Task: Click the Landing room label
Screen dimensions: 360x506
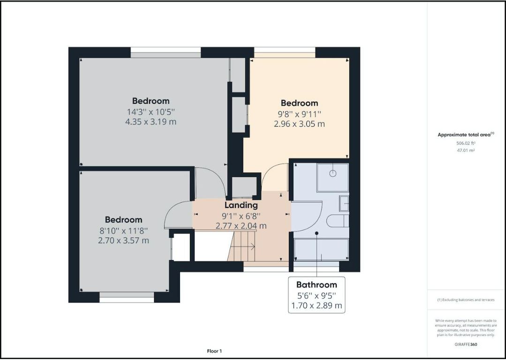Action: click(x=241, y=205)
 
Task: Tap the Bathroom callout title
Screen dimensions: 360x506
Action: click(x=317, y=284)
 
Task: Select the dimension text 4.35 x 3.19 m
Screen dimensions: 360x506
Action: click(x=151, y=122)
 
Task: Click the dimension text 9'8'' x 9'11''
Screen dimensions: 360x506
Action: click(x=299, y=114)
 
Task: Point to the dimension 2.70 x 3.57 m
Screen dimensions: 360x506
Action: click(x=123, y=241)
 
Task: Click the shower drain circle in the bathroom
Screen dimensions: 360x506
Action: click(x=333, y=173)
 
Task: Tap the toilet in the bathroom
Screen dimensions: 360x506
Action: click(x=337, y=221)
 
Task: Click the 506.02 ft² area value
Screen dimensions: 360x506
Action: click(x=466, y=144)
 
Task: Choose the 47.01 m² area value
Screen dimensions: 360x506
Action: click(x=466, y=151)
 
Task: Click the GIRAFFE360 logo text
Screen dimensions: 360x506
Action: click(x=466, y=344)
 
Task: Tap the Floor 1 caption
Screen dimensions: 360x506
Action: click(x=214, y=351)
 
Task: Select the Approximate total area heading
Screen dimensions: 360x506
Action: click(x=464, y=135)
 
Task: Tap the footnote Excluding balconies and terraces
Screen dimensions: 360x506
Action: click(x=466, y=300)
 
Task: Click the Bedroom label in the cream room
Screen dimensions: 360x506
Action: click(x=299, y=103)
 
